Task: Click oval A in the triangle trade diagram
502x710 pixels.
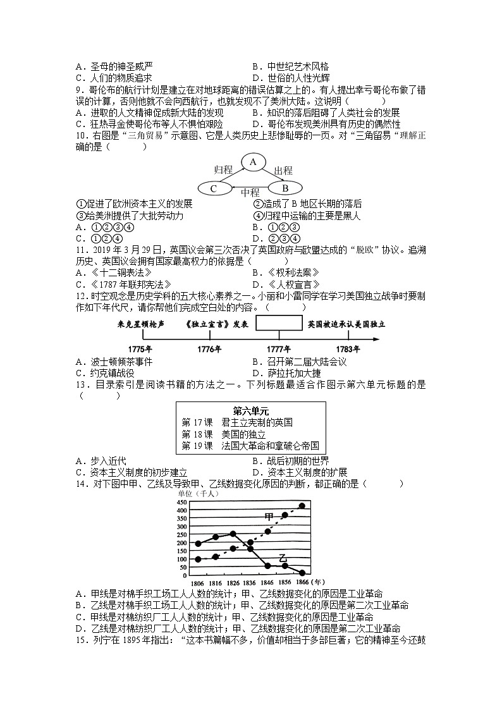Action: [x=254, y=162]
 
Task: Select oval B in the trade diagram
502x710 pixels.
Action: [x=284, y=188]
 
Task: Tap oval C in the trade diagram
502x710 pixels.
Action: [x=214, y=188]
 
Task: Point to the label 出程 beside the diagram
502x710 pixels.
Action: [x=283, y=169]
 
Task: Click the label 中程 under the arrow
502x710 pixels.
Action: [x=250, y=193]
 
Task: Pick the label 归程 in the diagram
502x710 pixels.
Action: [x=223, y=169]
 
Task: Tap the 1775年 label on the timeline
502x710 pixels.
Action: [x=140, y=349]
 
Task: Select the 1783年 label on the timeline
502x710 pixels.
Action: [x=347, y=349]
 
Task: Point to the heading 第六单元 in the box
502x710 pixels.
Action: [x=251, y=410]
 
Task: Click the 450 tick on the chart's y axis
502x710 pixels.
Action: [x=181, y=503]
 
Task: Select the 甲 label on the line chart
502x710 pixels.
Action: [x=269, y=517]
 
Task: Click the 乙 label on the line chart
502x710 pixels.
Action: [x=283, y=558]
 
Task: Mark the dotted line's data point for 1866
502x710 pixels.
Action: [x=302, y=506]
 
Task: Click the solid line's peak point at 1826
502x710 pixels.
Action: [x=233, y=534]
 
